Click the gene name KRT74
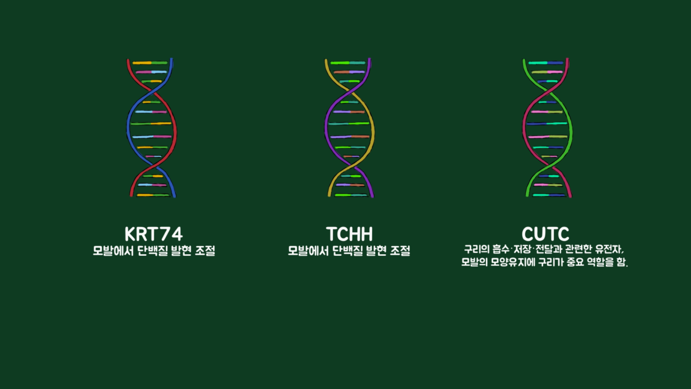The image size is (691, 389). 154,234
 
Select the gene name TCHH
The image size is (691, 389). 349,234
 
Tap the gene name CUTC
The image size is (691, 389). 545,234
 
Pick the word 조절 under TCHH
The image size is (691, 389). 400,251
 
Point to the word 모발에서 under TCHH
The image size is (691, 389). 308,251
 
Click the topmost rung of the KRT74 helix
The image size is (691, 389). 150,63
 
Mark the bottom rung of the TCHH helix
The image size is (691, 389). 351,195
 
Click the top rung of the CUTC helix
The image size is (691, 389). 546,63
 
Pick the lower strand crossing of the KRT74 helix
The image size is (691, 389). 153,167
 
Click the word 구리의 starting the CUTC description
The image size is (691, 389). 477,249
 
